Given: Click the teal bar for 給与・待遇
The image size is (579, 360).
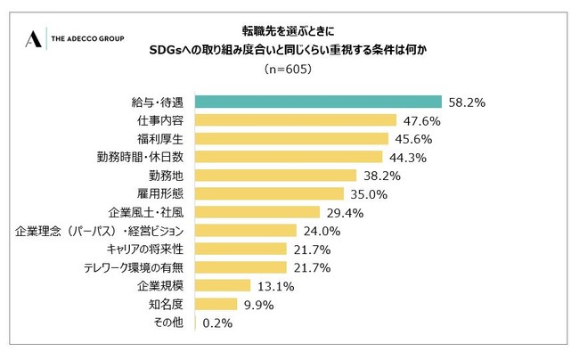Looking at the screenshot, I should [318, 102].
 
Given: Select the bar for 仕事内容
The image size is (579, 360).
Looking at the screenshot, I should [295, 120].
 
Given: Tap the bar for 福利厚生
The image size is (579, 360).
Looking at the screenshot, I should [290, 138].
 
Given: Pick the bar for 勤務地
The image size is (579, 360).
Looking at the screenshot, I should [275, 175].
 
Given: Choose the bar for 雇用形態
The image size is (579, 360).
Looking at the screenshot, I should [268, 193].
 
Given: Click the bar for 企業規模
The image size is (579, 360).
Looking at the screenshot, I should [222, 285].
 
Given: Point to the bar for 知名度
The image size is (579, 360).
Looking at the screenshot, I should [215, 304].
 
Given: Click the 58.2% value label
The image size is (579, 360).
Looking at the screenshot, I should [466, 102].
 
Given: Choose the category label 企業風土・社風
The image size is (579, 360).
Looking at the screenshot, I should [146, 212].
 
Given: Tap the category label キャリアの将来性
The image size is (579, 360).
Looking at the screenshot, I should [145, 249].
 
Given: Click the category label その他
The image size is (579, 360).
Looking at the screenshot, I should [168, 323].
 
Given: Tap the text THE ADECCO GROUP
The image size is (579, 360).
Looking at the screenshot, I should [88, 39].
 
